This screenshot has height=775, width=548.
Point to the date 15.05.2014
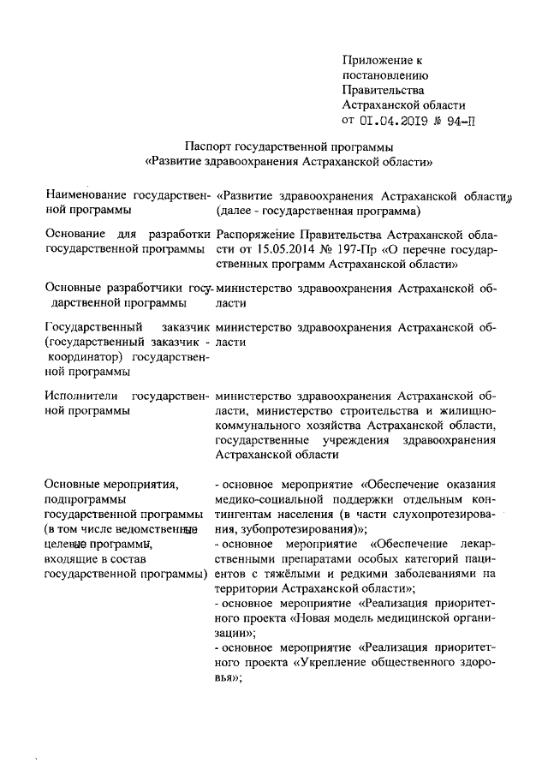[x=289, y=248]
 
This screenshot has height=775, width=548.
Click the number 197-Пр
[x=362, y=248]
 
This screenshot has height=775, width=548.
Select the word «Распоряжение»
[x=255, y=233]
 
